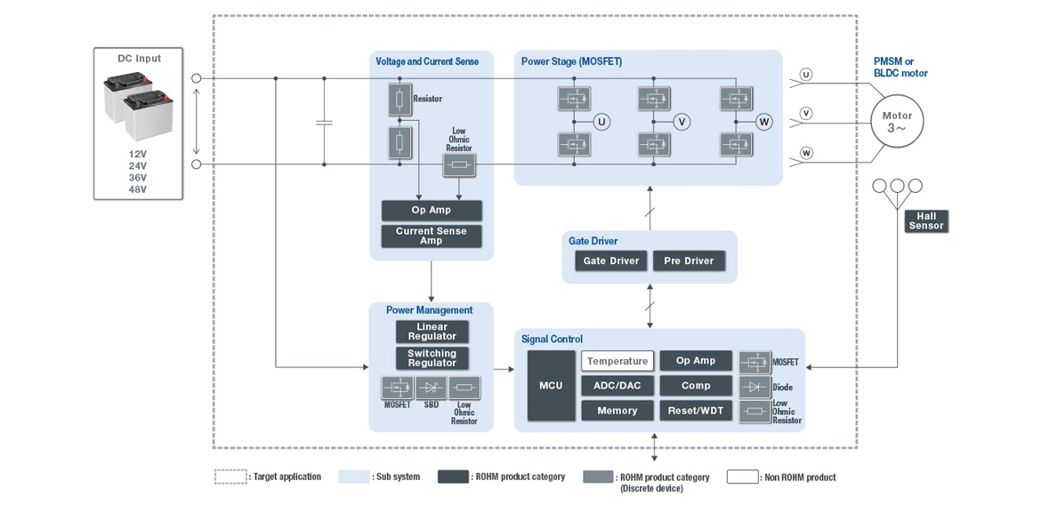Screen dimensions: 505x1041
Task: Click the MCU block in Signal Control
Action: pos(551,386)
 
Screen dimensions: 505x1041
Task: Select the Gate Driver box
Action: pos(611,261)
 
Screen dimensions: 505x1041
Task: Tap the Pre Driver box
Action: pos(689,261)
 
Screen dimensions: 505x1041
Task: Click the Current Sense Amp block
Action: pos(432,236)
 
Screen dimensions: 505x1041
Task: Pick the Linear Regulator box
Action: pos(432,332)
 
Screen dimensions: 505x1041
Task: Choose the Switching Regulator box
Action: pos(432,358)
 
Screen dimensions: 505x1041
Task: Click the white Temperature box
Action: pos(617,361)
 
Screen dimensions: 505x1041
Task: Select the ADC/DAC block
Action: pos(617,386)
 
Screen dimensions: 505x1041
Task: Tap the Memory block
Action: pos(617,411)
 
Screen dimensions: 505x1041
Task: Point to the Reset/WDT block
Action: pos(696,411)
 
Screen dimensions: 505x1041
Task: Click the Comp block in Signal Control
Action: pos(696,386)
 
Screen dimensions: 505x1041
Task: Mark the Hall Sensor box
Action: pos(926,221)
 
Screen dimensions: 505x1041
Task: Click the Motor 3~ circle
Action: pos(897,122)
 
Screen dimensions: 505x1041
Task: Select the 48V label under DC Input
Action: pos(137,189)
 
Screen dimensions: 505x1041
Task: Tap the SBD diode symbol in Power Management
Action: pos(432,388)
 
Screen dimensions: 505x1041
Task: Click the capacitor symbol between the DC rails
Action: pos(324,122)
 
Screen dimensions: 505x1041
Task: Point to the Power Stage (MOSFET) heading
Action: pos(571,61)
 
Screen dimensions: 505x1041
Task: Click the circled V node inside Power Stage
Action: pos(682,122)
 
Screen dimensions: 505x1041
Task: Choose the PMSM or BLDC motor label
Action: pos(900,68)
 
